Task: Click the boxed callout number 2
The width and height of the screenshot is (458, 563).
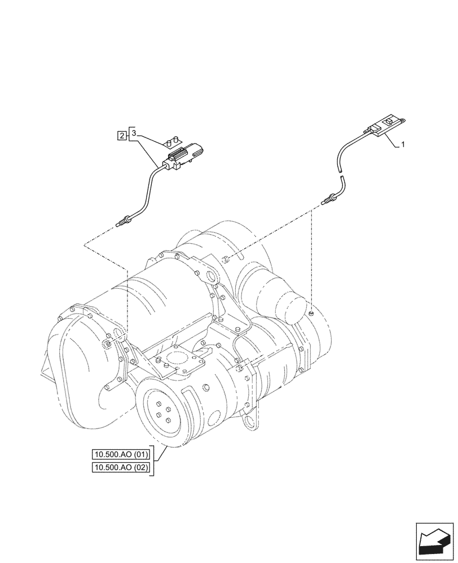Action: pyautogui.click(x=121, y=135)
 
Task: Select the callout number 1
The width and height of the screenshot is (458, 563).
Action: pyautogui.click(x=403, y=145)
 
